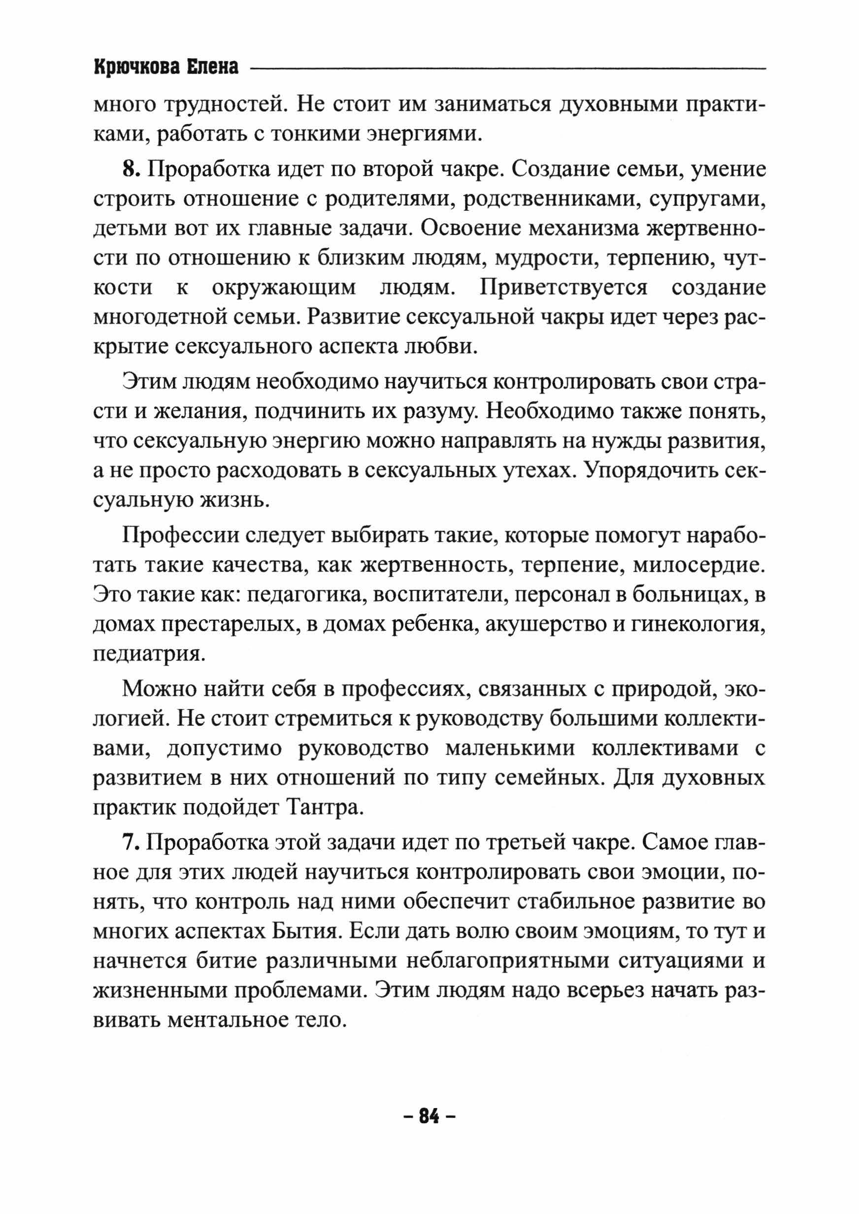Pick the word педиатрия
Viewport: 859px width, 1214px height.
[x=148, y=654]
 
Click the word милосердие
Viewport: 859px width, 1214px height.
[x=699, y=565]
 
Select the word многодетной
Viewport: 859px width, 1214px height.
[x=159, y=317]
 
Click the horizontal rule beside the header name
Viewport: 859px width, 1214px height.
[x=508, y=68]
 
